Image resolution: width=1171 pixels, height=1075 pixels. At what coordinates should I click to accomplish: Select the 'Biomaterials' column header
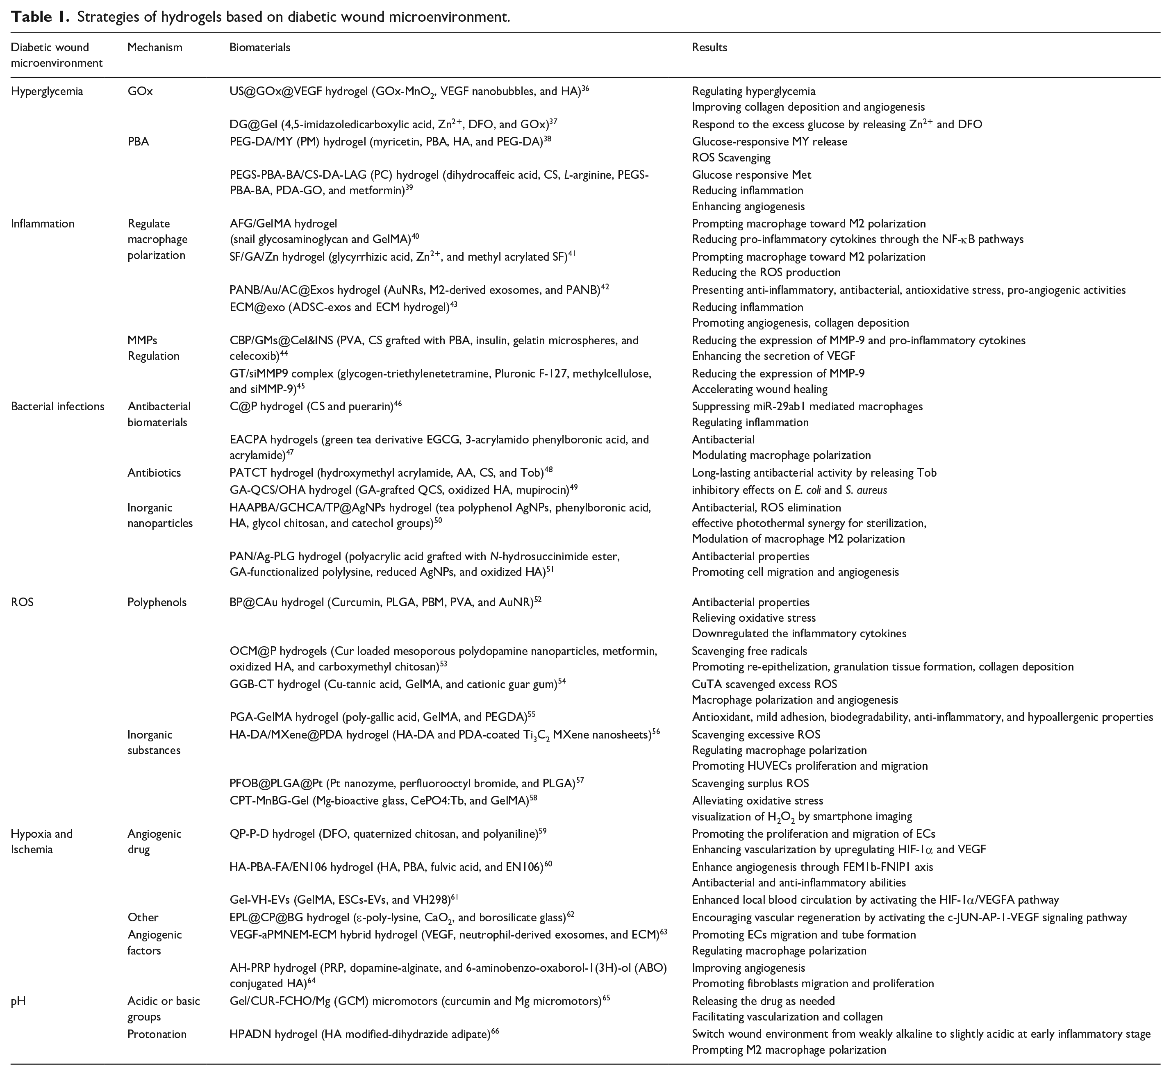tap(259, 47)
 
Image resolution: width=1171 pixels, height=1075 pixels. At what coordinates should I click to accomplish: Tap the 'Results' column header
tap(709, 47)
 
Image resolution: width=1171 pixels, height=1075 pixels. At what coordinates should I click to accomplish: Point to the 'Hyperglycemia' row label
tap(47, 91)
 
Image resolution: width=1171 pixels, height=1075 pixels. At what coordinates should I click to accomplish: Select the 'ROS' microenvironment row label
tap(22, 602)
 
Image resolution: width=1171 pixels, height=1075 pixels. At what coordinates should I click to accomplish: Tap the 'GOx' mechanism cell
tap(140, 91)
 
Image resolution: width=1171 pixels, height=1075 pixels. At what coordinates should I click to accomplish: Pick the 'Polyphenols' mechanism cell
tap(157, 602)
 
